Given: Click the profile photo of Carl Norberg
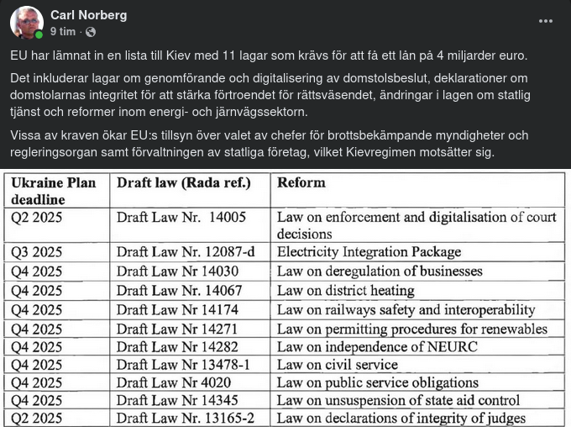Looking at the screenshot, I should click(26, 23).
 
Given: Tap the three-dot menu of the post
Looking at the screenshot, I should click(546, 22).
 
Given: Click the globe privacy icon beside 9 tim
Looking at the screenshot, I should click(91, 32).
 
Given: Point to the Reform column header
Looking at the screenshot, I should click(301, 182).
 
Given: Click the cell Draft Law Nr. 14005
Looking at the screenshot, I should click(181, 217).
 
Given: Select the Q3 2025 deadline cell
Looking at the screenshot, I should click(37, 252).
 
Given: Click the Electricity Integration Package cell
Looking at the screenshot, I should click(369, 252).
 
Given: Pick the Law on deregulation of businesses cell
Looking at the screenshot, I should click(380, 271).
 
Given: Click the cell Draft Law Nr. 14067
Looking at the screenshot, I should click(183, 291).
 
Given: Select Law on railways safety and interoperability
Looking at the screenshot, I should click(406, 310).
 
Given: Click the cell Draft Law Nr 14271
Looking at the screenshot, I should click(177, 329).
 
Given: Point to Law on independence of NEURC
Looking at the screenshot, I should click(377, 347).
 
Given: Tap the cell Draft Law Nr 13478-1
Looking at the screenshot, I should click(183, 365).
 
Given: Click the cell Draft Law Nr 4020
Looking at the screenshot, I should click(174, 383).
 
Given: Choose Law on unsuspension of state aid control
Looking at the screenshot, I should click(398, 401).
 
